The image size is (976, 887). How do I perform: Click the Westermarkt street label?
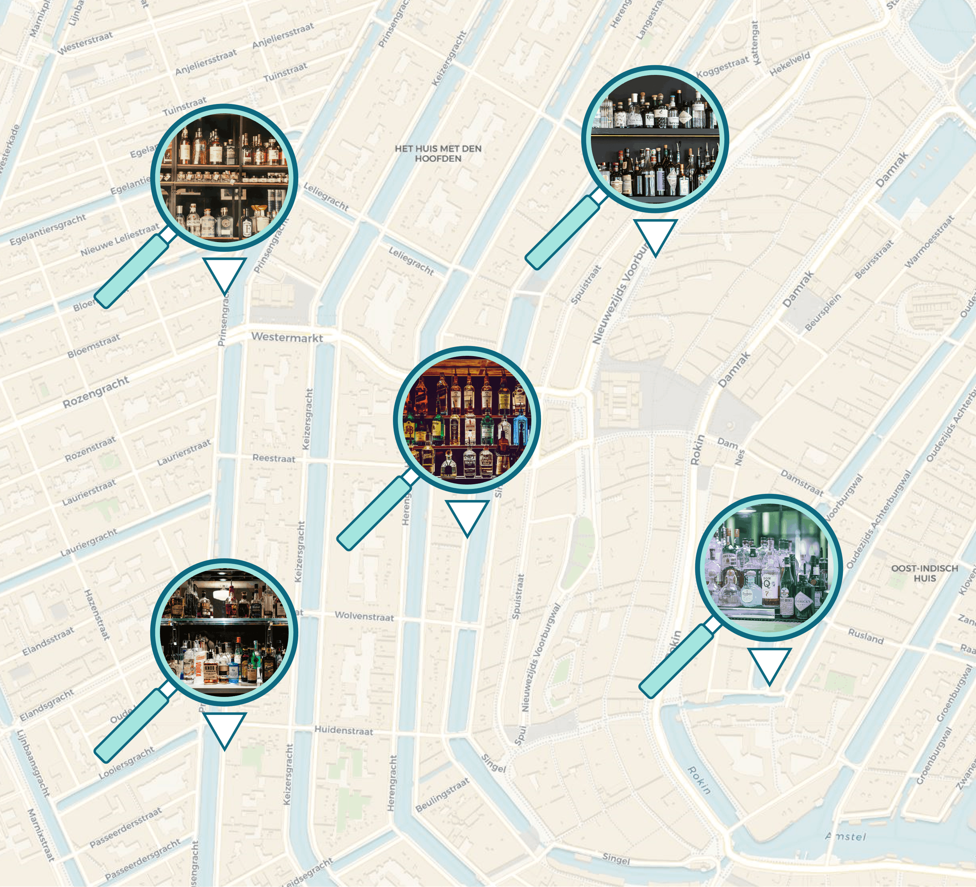tap(287, 337)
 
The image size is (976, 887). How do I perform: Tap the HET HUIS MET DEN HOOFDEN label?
tap(438, 153)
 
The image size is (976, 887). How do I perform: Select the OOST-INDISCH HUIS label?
tap(925, 573)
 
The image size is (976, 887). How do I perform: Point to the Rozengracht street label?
tap(96, 392)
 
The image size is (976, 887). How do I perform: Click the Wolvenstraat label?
tap(364, 616)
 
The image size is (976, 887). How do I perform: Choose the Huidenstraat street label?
tap(344, 730)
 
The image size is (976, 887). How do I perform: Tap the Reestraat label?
tap(274, 458)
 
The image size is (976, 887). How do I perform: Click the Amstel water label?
tap(845, 837)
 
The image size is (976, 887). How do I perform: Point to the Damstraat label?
tap(802, 483)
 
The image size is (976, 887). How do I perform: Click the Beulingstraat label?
tap(442, 794)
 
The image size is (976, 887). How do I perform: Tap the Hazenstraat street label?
tap(97, 614)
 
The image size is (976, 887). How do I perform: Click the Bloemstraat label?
tap(93, 346)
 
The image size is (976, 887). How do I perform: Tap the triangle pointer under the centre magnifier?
tap(467, 516)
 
